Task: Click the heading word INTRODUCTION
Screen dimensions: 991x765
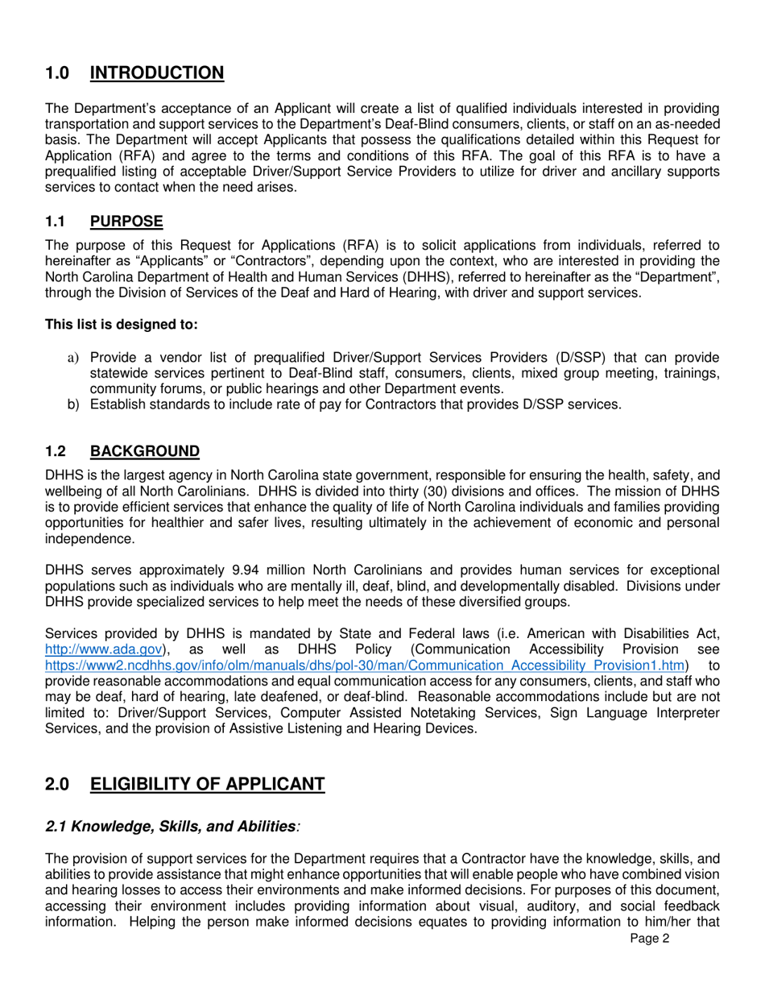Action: pyautogui.click(x=157, y=73)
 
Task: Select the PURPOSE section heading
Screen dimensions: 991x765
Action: pyautogui.click(x=126, y=221)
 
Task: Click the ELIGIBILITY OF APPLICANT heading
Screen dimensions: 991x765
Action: pyautogui.click(x=207, y=784)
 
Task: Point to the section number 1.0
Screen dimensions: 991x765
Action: pyautogui.click(x=57, y=73)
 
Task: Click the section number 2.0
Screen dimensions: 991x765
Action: pyautogui.click(x=57, y=784)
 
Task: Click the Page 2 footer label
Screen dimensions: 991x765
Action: pyautogui.click(x=650, y=938)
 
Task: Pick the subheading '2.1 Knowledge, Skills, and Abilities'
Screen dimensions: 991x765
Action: pyautogui.click(x=170, y=826)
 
